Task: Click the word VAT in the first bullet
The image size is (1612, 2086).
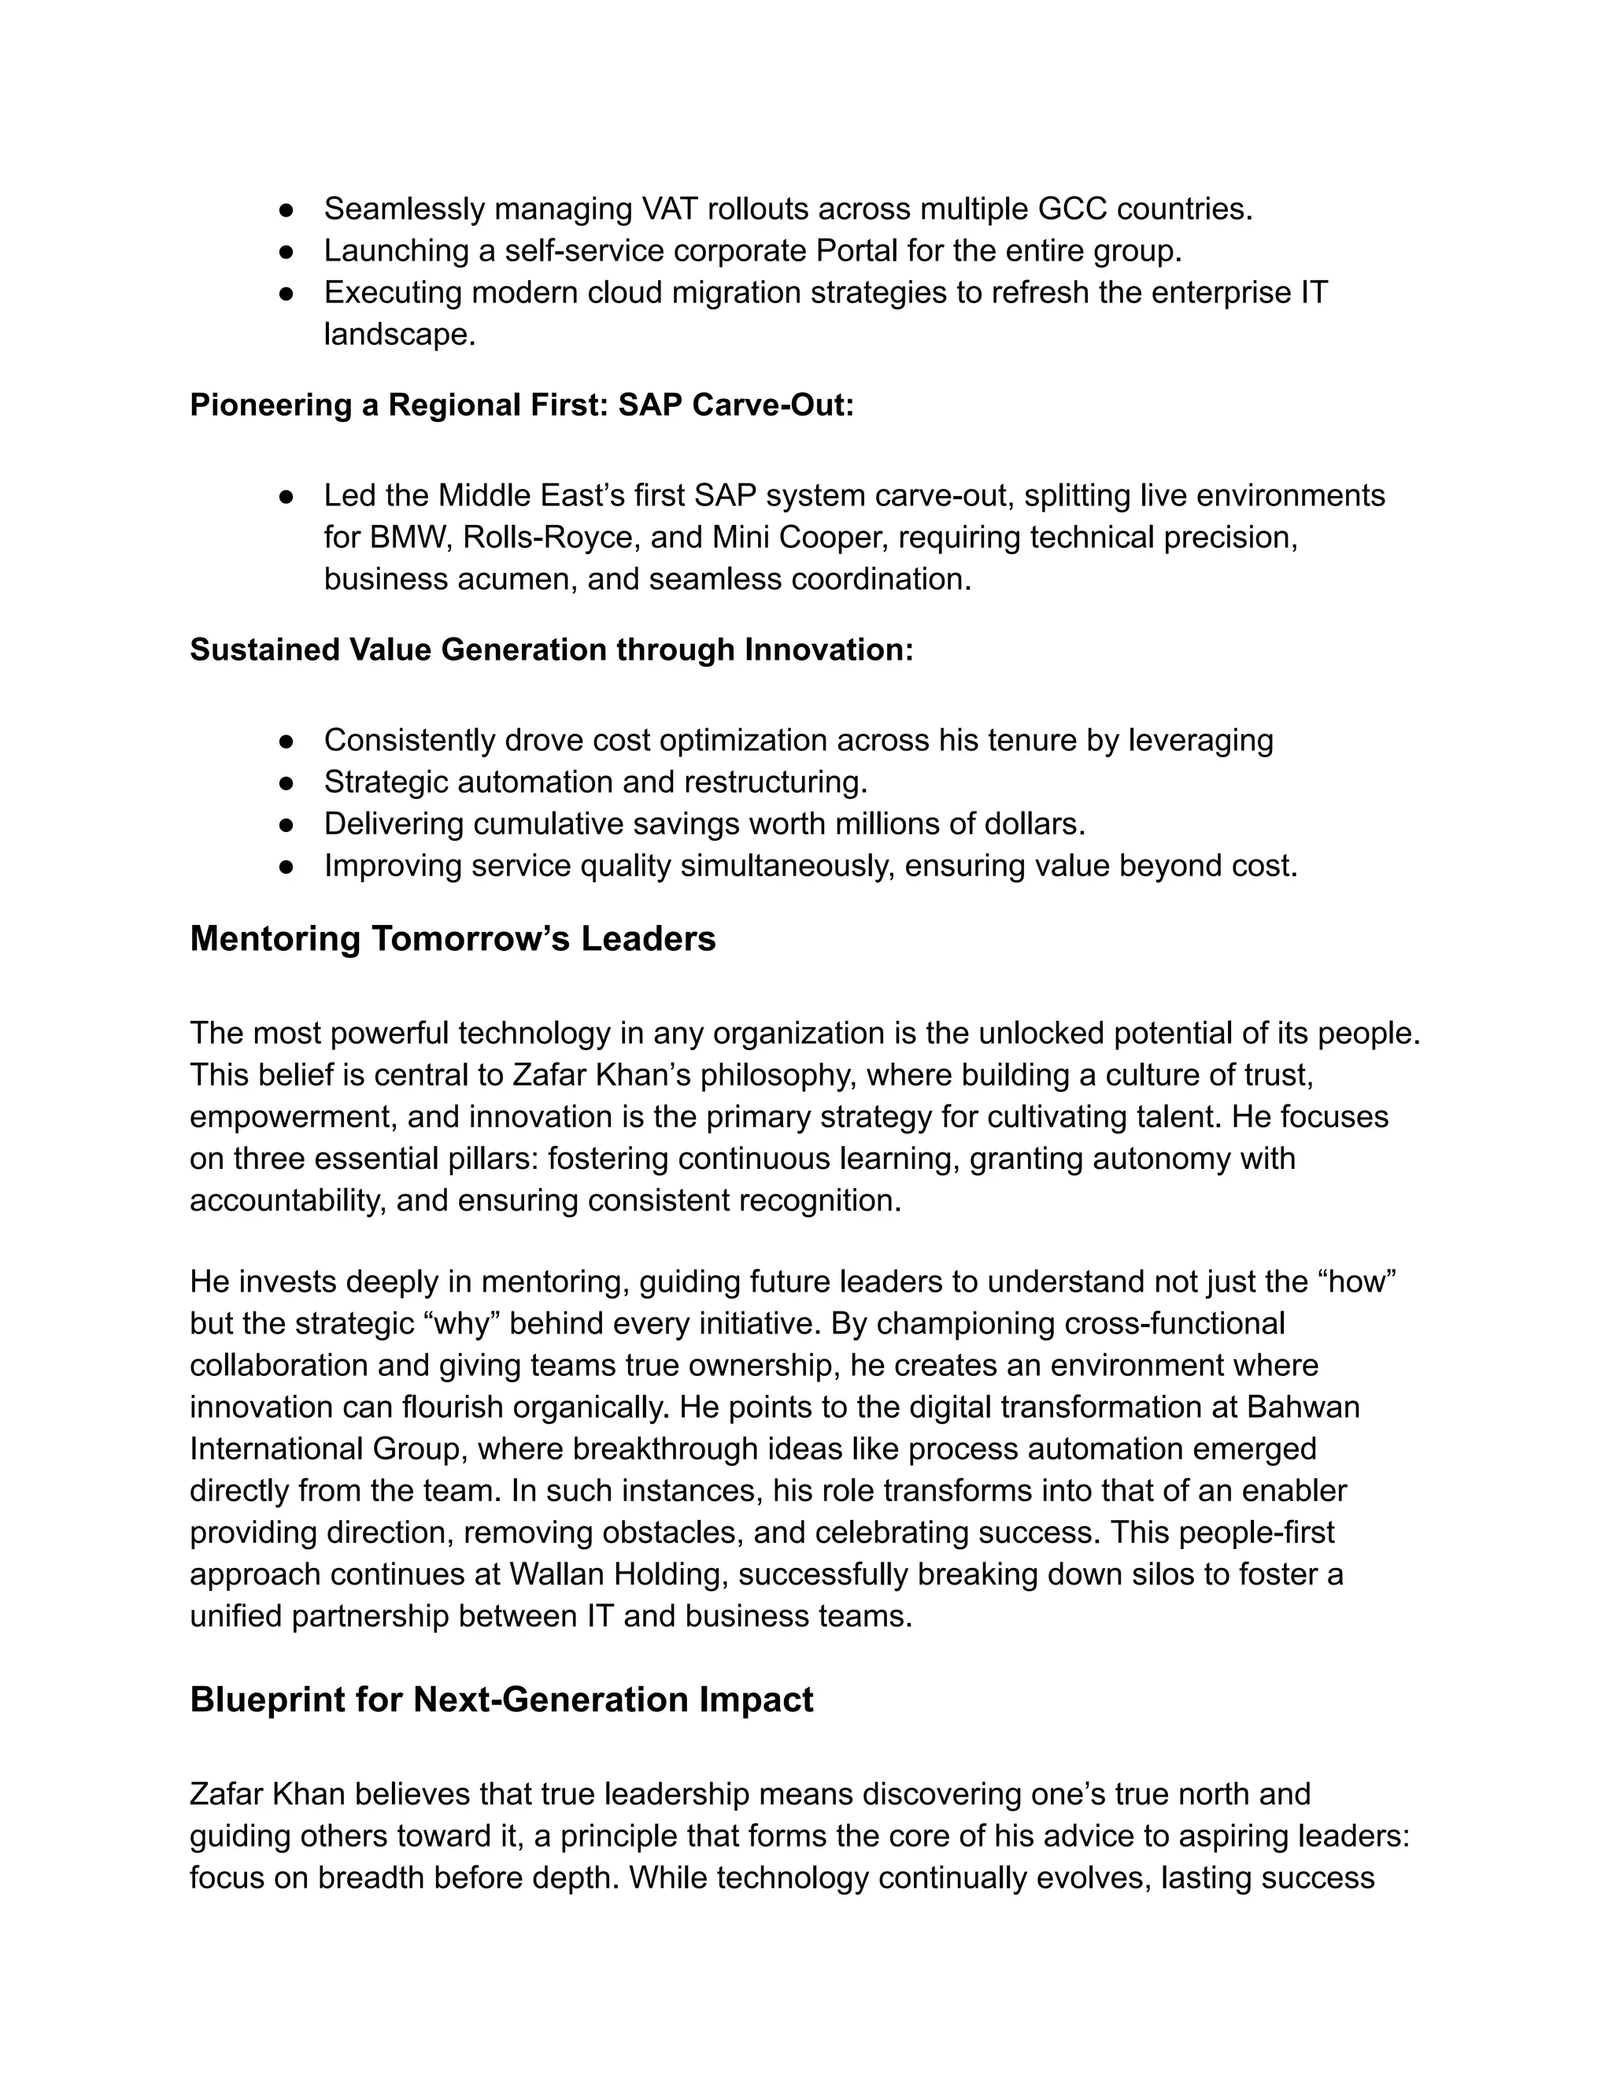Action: tap(671, 209)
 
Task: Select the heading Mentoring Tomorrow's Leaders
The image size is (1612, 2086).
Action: tap(453, 939)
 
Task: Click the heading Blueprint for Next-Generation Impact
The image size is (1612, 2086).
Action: tap(501, 1699)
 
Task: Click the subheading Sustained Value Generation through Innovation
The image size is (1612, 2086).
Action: tap(551, 649)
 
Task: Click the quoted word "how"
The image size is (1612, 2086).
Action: tap(1357, 1281)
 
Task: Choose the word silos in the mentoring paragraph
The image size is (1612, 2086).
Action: tap(1159, 1573)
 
